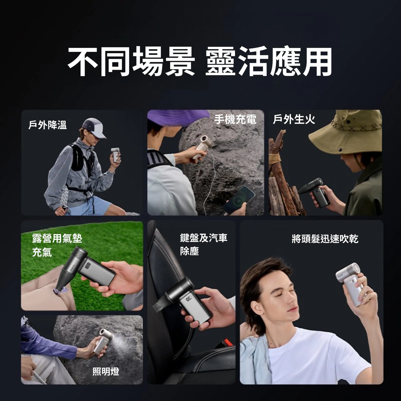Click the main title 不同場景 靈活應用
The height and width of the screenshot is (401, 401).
pyautogui.click(x=200, y=61)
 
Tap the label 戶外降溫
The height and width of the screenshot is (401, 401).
pyautogui.click(x=47, y=125)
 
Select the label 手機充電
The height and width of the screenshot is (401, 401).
pyautogui.click(x=235, y=119)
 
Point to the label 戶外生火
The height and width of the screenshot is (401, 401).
pyautogui.click(x=294, y=119)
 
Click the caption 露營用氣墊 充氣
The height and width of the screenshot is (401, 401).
pyautogui.click(x=57, y=245)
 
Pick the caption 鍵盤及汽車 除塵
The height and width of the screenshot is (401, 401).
pyautogui.click(x=203, y=244)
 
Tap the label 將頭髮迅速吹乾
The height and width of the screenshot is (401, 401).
pyautogui.click(x=325, y=239)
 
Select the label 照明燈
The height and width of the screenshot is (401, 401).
pyautogui.click(x=106, y=372)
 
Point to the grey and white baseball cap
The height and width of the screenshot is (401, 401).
pyautogui.click(x=94, y=128)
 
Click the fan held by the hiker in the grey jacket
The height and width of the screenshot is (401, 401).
pyautogui.click(x=115, y=155)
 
